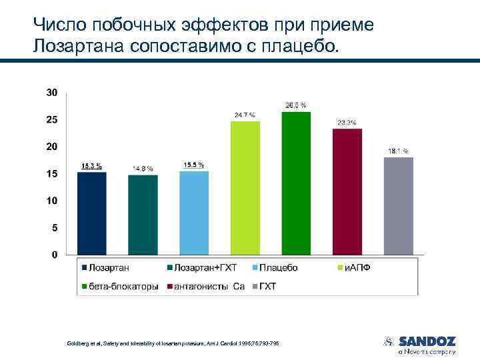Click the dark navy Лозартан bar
[91, 213]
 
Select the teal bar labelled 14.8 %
[143, 215]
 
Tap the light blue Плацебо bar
[194, 213]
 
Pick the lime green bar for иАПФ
[245, 188]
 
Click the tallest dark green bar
[296, 183]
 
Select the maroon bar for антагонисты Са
[347, 192]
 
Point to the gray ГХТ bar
[399, 206]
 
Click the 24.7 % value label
[244, 115]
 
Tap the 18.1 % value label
[398, 151]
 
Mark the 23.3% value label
[347, 123]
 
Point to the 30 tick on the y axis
[51, 92]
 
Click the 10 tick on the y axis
[51, 201]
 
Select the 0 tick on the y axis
[54, 255]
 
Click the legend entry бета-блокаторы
[124, 287]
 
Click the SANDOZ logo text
[427, 341]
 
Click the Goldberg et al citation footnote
[173, 343]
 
